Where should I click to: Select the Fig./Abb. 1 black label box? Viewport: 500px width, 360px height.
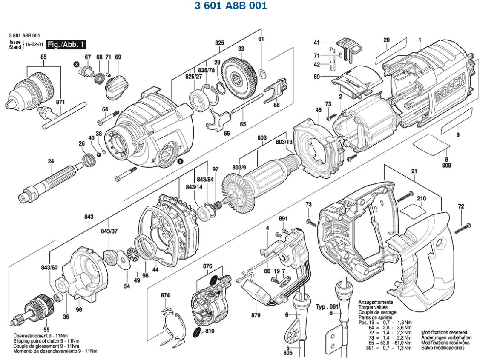[66, 44]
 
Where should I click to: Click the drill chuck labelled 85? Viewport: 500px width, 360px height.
[34, 88]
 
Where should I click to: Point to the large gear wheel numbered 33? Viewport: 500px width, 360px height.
[240, 77]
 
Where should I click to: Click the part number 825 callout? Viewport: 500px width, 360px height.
[219, 43]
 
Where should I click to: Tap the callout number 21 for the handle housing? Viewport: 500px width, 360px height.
[414, 171]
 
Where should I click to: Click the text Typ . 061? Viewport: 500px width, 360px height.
[327, 306]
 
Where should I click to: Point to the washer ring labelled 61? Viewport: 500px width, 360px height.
[263, 75]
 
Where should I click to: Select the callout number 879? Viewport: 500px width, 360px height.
[256, 315]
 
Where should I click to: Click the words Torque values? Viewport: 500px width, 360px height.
[373, 307]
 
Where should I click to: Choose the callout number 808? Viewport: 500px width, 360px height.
[446, 166]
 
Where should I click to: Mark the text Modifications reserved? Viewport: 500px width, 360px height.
[444, 332]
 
